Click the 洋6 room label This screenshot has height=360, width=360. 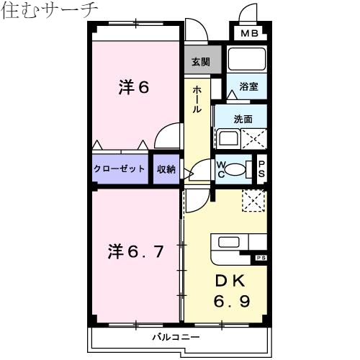[x=134, y=88]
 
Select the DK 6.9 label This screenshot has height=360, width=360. [x=230, y=289]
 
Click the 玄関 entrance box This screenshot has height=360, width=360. [x=200, y=62]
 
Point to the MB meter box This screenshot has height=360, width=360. [x=249, y=34]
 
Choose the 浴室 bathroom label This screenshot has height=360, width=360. [x=248, y=87]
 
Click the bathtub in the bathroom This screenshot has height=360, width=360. [x=247, y=59]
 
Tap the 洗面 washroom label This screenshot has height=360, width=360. [x=243, y=119]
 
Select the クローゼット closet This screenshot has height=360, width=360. [x=120, y=169]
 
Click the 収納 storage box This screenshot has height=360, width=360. [x=166, y=169]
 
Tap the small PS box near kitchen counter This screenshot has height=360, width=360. [x=260, y=258]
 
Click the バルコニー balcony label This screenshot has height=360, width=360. [x=176, y=336]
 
